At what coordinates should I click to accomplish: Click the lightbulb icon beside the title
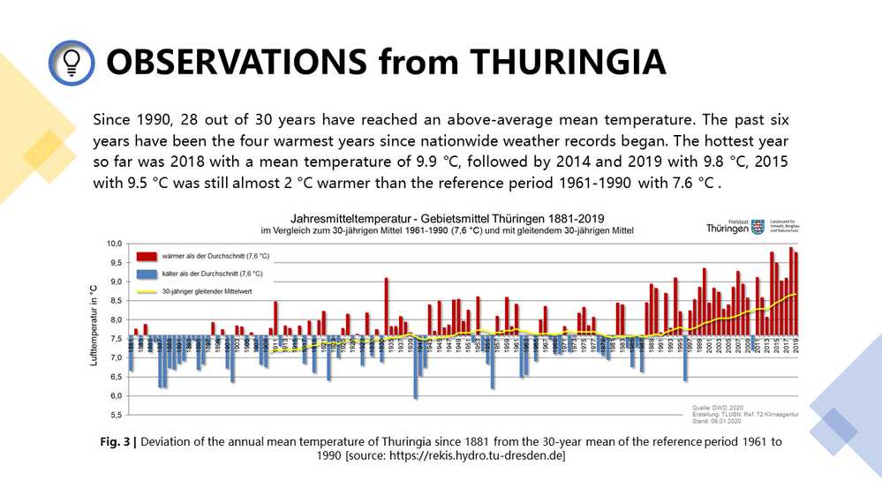tap(72, 62)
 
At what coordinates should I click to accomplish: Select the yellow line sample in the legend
tap(147, 291)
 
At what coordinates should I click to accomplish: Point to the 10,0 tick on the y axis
tap(115, 244)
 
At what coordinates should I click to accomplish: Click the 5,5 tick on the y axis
tap(115, 414)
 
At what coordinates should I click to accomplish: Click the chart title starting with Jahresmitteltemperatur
tap(449, 217)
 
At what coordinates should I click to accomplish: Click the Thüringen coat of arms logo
tap(757, 226)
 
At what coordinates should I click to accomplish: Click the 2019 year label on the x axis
tap(797, 347)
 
